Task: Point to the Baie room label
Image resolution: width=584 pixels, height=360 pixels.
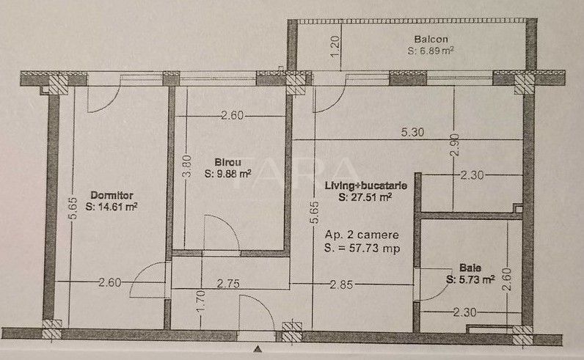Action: pos(471,268)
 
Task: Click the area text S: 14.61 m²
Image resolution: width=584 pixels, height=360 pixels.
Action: pos(112,207)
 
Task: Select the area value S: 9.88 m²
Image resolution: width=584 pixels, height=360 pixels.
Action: pos(228,174)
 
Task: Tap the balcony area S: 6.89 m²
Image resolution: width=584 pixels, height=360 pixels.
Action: pos(431,52)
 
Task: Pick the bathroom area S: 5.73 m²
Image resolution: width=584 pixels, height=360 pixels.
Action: pos(470,279)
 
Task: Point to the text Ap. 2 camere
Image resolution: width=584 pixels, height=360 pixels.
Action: pos(361,235)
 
